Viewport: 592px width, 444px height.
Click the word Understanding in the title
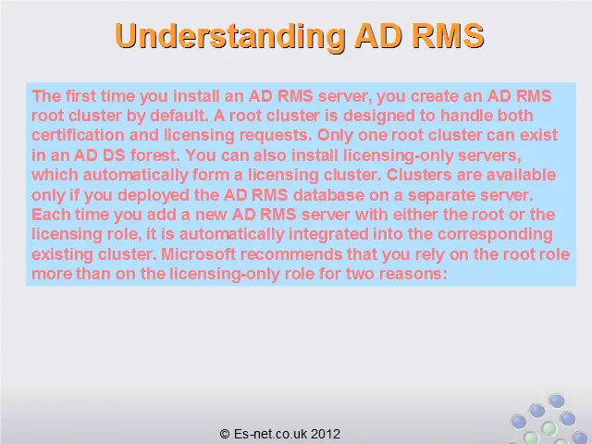[x=230, y=37]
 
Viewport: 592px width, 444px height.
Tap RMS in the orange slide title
[x=448, y=35]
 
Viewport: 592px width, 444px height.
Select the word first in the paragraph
[x=80, y=96]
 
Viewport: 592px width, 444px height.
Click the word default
[x=179, y=116]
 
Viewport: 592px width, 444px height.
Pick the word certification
[x=78, y=135]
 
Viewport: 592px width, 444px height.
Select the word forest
[x=155, y=155]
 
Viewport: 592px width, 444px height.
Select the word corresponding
[x=495, y=234]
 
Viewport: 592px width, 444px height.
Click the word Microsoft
[x=199, y=253]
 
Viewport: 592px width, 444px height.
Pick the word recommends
[x=291, y=253]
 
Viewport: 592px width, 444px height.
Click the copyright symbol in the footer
[x=225, y=434]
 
